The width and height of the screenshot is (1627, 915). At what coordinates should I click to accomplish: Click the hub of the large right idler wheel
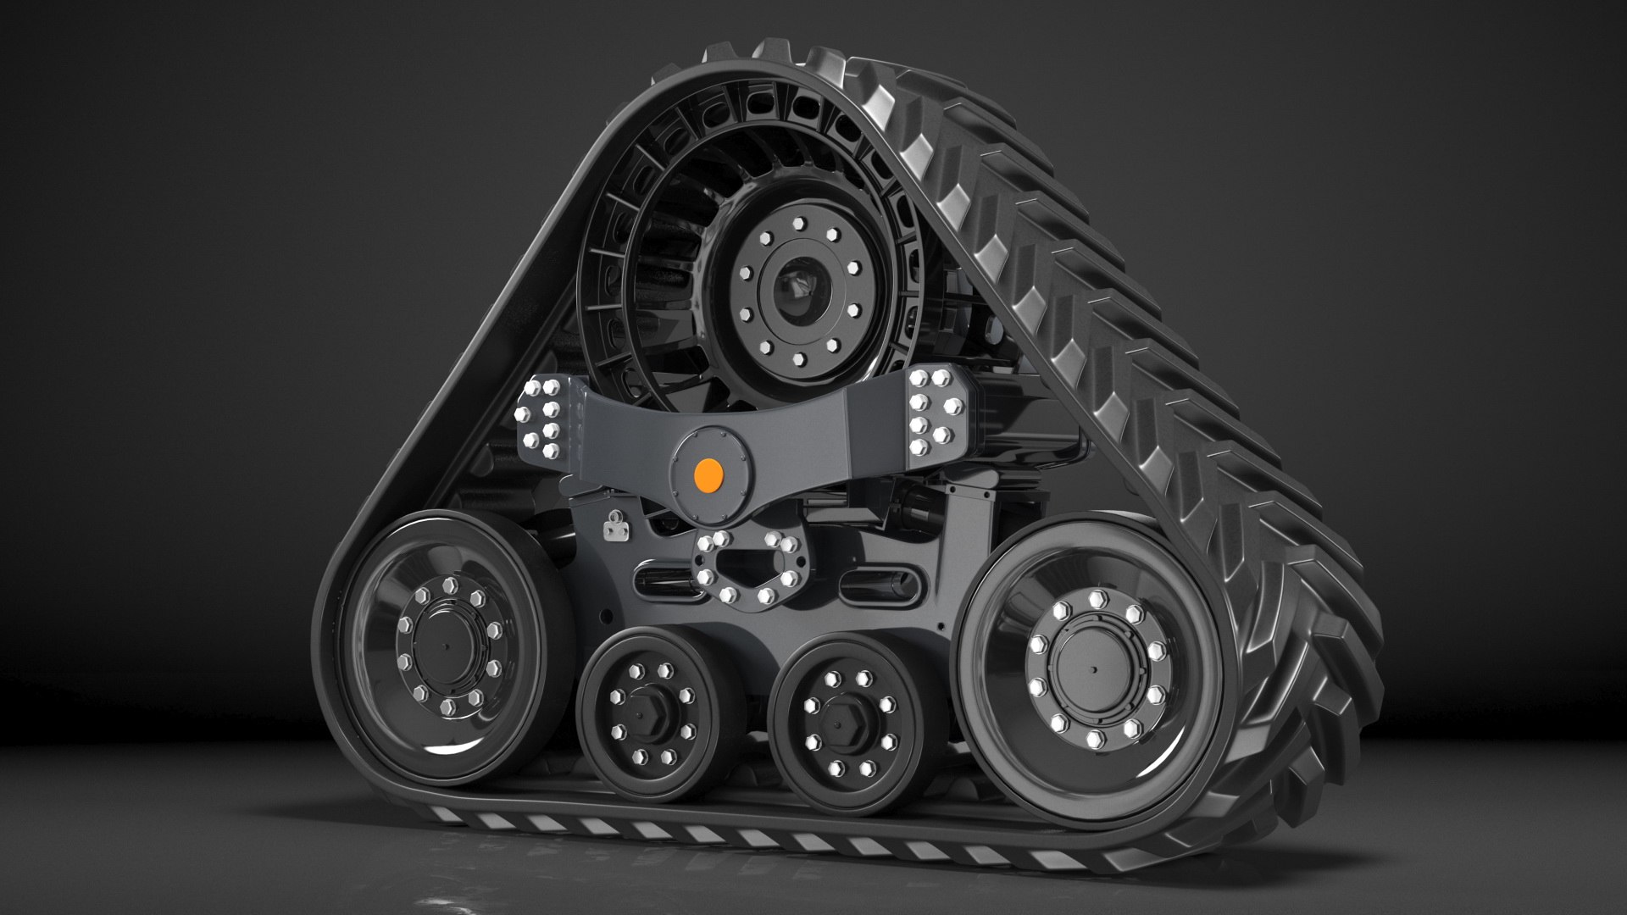point(1091,669)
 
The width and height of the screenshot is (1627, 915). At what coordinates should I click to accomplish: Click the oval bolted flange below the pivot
point(746,567)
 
